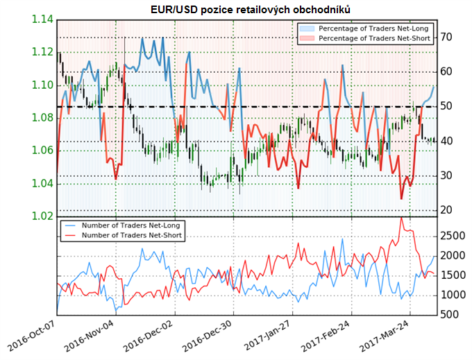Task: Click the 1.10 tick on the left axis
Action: point(42,85)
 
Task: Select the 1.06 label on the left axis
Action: point(42,151)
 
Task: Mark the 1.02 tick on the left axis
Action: point(42,216)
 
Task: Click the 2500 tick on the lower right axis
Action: point(451,237)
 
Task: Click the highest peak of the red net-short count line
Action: point(401,218)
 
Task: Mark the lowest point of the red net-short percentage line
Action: point(401,198)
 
